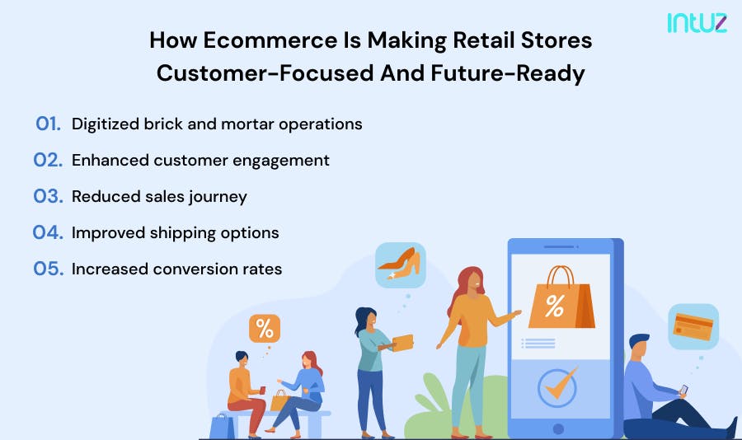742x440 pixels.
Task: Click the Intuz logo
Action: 697,22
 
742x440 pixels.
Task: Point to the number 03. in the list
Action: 49,196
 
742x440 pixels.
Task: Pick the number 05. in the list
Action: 49,269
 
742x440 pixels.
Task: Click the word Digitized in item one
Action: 106,124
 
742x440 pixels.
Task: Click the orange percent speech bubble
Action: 265,328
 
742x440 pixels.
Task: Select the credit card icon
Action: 693,325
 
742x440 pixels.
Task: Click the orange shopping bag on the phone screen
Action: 561,299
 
